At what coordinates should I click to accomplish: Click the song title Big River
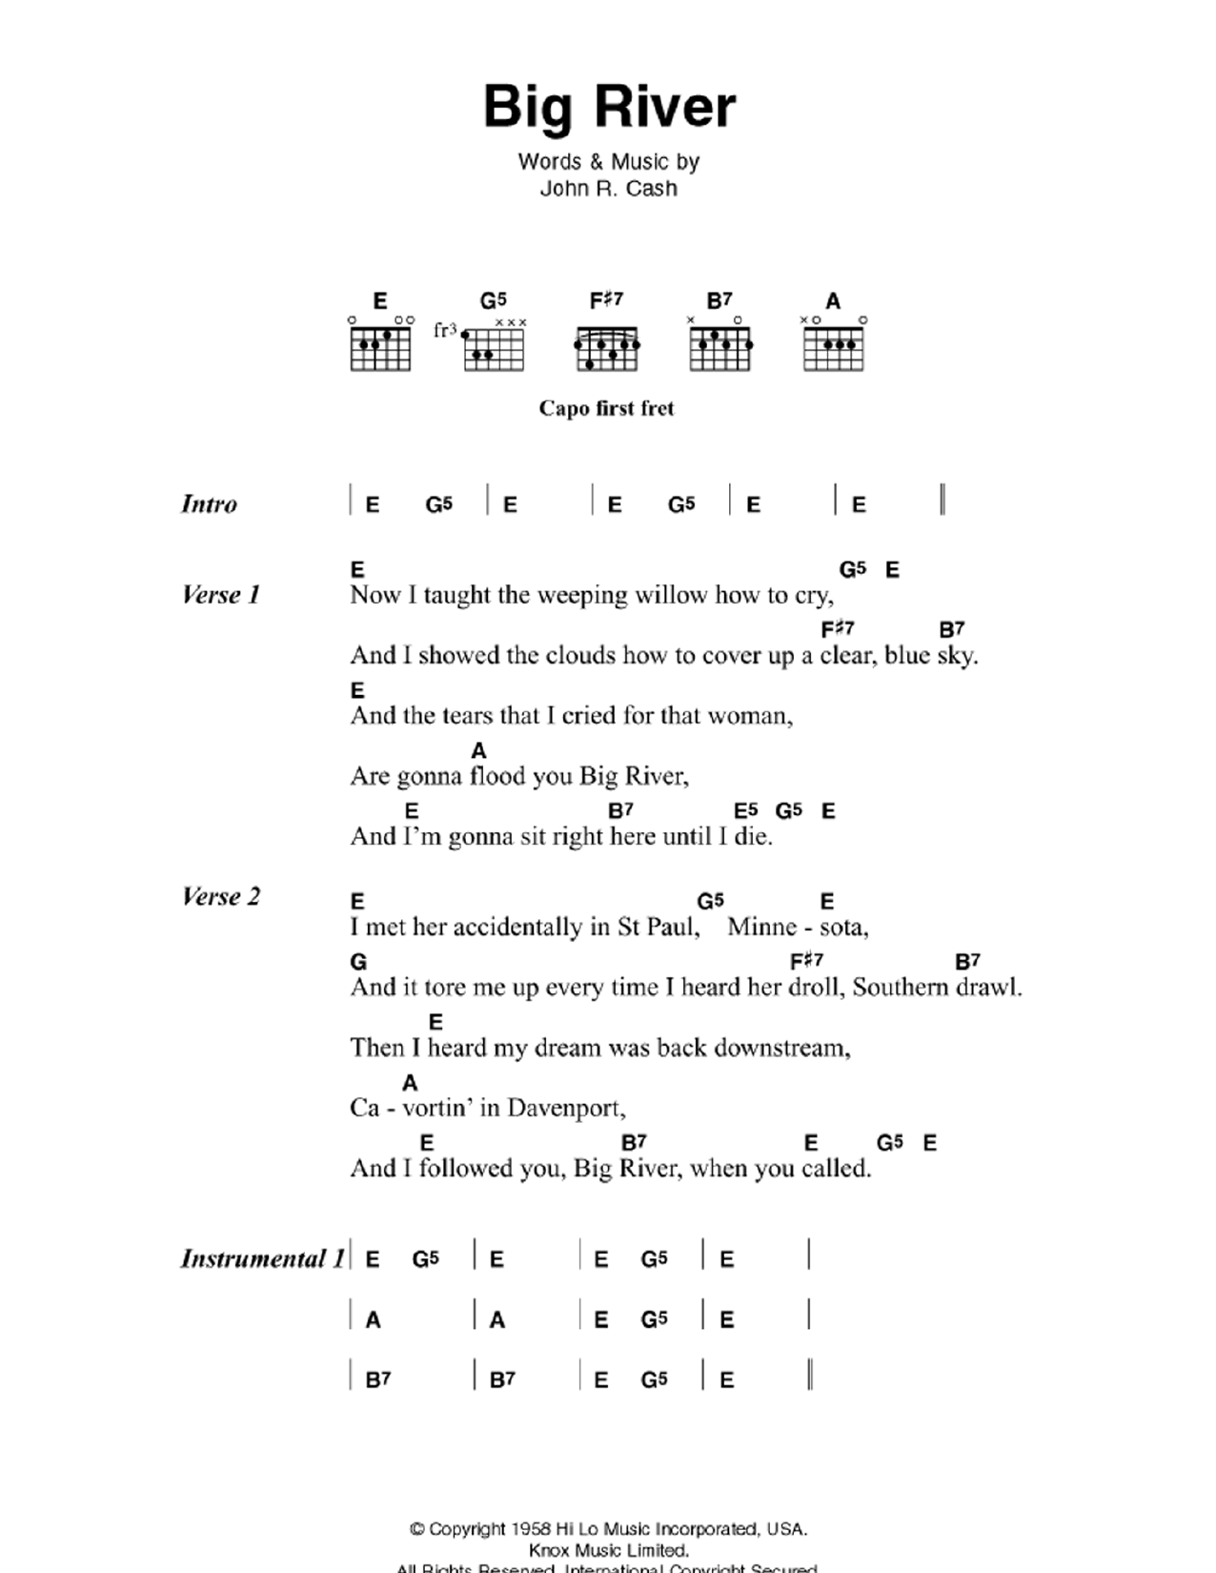pyautogui.click(x=609, y=107)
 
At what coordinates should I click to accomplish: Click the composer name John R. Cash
pyautogui.click(x=608, y=189)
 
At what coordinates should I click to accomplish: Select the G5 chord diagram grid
pyautogui.click(x=494, y=348)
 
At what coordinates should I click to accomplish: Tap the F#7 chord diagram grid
pyautogui.click(x=607, y=348)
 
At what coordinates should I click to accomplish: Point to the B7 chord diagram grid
pyautogui.click(x=720, y=348)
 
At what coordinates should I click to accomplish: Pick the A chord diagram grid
pyautogui.click(x=834, y=348)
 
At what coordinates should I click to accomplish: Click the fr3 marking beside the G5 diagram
pyautogui.click(x=444, y=331)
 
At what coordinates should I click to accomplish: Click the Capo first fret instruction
pyautogui.click(x=606, y=408)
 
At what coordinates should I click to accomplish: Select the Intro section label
pyautogui.click(x=209, y=503)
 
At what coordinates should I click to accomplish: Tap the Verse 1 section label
pyautogui.click(x=220, y=595)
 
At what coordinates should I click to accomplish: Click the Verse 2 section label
pyautogui.click(x=220, y=896)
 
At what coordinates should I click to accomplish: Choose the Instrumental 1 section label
pyautogui.click(x=262, y=1258)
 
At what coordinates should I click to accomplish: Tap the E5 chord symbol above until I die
pyautogui.click(x=745, y=811)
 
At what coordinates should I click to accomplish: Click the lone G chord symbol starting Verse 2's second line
pyautogui.click(x=358, y=962)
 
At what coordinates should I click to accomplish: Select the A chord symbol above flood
pyautogui.click(x=478, y=751)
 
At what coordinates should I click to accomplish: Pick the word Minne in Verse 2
pyautogui.click(x=761, y=927)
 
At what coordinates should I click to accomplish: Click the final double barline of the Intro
pyautogui.click(x=942, y=500)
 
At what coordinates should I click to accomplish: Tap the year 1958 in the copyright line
pyautogui.click(x=531, y=1529)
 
